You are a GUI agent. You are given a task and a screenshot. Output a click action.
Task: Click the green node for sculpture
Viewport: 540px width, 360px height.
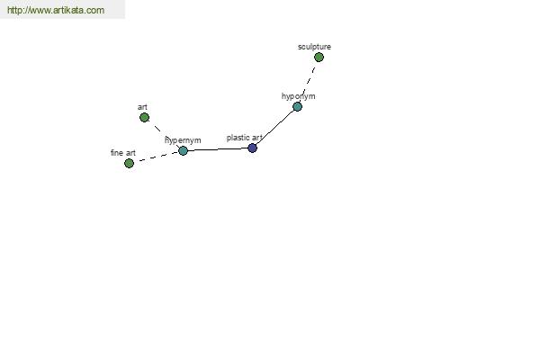pyautogui.click(x=319, y=58)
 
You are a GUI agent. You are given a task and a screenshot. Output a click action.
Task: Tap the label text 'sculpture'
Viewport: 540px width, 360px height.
pyautogui.click(x=314, y=47)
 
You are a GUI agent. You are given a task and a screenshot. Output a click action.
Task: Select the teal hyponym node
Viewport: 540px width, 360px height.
pyautogui.click(x=297, y=106)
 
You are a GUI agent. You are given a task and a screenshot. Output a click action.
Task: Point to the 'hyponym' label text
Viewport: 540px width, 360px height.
pyautogui.click(x=298, y=96)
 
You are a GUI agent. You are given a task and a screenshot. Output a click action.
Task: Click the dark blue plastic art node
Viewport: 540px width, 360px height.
pyautogui.click(x=252, y=148)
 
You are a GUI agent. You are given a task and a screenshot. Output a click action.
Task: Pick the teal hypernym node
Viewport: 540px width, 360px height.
pyautogui.click(x=183, y=150)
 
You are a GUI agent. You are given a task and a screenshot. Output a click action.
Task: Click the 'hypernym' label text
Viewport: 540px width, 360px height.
pyautogui.click(x=183, y=140)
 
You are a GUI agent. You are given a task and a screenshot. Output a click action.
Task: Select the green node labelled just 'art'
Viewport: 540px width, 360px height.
pyautogui.click(x=144, y=118)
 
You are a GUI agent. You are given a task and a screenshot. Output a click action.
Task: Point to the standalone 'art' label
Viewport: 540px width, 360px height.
pyautogui.click(x=142, y=107)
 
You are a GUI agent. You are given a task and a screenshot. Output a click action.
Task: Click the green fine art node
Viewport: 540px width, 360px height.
pyautogui.click(x=129, y=163)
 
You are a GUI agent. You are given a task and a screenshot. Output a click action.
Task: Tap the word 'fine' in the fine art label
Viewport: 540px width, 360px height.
pyautogui.click(x=117, y=153)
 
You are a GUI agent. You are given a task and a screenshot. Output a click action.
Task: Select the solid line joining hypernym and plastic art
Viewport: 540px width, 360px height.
pyautogui.click(x=218, y=149)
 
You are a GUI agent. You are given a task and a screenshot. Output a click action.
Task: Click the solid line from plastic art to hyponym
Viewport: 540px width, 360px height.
pyautogui.click(x=274, y=127)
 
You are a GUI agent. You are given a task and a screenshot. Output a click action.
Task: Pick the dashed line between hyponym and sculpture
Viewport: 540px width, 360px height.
pyautogui.click(x=308, y=82)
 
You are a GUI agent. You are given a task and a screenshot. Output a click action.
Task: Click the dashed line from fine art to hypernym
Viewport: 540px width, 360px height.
pyautogui.click(x=156, y=157)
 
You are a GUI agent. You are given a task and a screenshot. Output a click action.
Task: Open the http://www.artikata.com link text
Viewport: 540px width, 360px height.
pyautogui.click(x=56, y=10)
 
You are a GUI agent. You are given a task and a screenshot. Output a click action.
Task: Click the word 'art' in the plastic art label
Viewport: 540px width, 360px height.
pyautogui.click(x=257, y=138)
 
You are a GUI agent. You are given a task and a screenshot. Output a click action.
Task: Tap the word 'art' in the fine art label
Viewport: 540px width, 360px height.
pyautogui.click(x=130, y=153)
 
